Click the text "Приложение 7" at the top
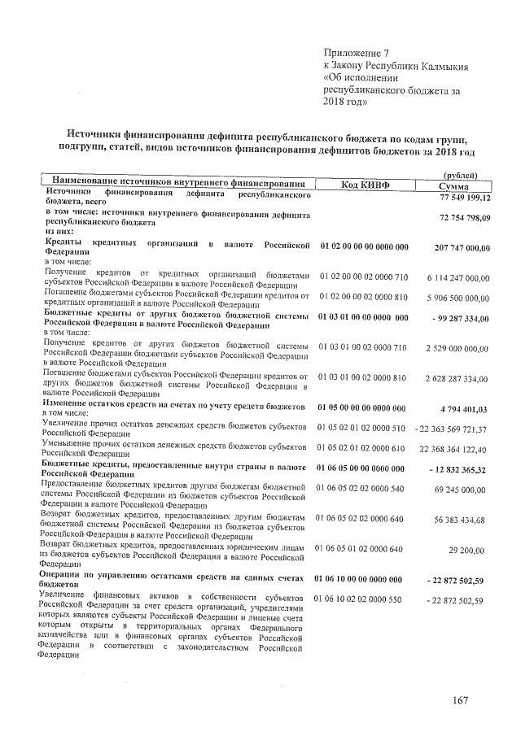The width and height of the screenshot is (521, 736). [x=354, y=53]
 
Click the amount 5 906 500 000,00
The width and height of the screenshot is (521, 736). [x=456, y=298]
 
